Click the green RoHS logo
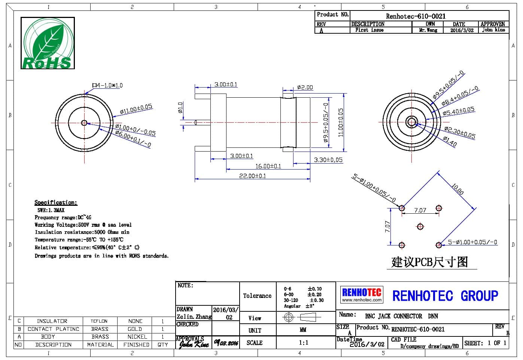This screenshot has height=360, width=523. point(48,43)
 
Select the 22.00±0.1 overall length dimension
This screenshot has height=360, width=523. point(252,176)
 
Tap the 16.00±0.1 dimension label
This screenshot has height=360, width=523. point(268,166)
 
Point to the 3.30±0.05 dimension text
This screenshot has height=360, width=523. point(328,160)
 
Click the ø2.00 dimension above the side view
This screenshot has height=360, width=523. point(305,88)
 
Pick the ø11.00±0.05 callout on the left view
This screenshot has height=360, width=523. point(136,109)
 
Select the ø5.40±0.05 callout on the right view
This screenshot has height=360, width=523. point(458,111)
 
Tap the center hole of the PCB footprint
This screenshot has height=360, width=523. point(420,227)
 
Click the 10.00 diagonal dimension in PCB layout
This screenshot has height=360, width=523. point(457,189)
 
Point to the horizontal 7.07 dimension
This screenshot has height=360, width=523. point(420,210)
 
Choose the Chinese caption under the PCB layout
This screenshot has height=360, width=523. point(430,262)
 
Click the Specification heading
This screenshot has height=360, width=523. point(56,202)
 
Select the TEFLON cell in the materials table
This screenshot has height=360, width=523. point(99,321)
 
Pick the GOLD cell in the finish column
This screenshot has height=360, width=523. point(135,329)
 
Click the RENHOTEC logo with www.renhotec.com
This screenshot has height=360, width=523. point(362,295)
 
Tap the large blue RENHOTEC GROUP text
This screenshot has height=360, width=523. point(445,296)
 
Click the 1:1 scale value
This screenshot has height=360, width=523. point(304,342)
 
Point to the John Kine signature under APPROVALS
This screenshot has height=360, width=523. point(194,344)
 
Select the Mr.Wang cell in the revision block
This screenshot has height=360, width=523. point(428,30)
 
